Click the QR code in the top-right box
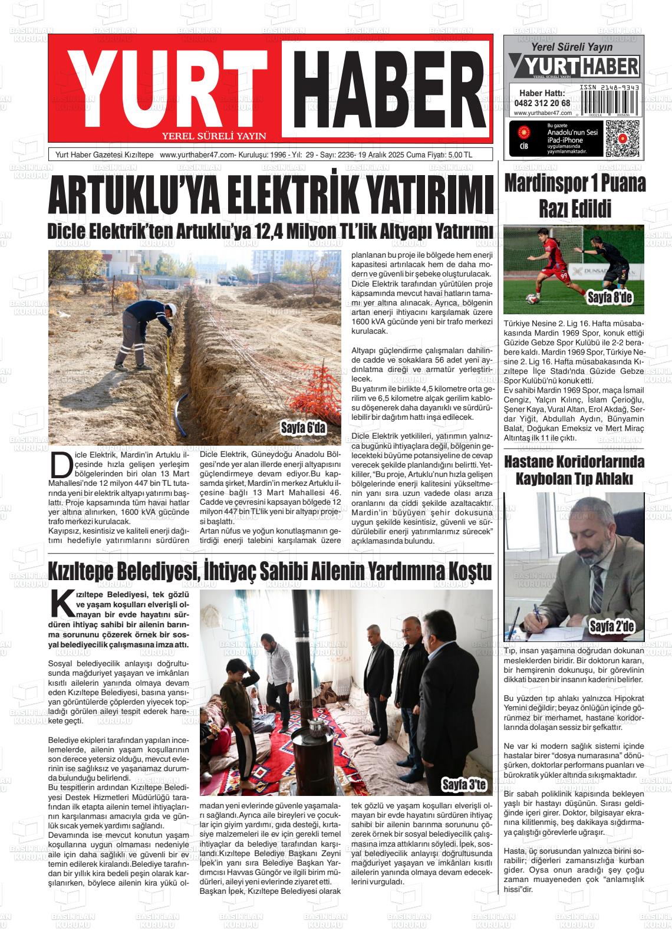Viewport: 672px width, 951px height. [622, 138]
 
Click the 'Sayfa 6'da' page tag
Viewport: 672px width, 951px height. [303, 427]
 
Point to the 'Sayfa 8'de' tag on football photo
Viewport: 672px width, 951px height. [610, 298]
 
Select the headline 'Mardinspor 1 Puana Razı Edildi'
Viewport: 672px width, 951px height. [575, 196]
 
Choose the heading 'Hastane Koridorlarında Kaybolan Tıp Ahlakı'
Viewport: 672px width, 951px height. [574, 470]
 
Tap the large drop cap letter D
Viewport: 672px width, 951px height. [60, 466]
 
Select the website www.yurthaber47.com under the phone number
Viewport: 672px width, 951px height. [542, 113]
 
